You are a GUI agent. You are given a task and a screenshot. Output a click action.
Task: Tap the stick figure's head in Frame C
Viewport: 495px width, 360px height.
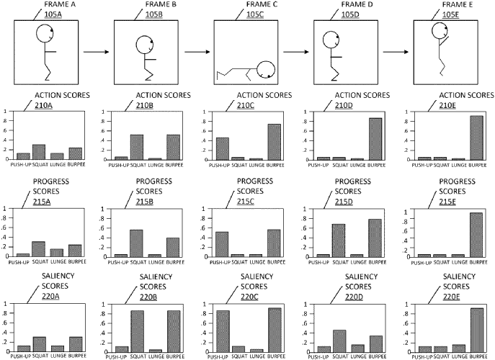click(x=264, y=70)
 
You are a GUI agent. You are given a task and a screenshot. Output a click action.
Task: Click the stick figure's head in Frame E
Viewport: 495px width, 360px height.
click(x=440, y=31)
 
